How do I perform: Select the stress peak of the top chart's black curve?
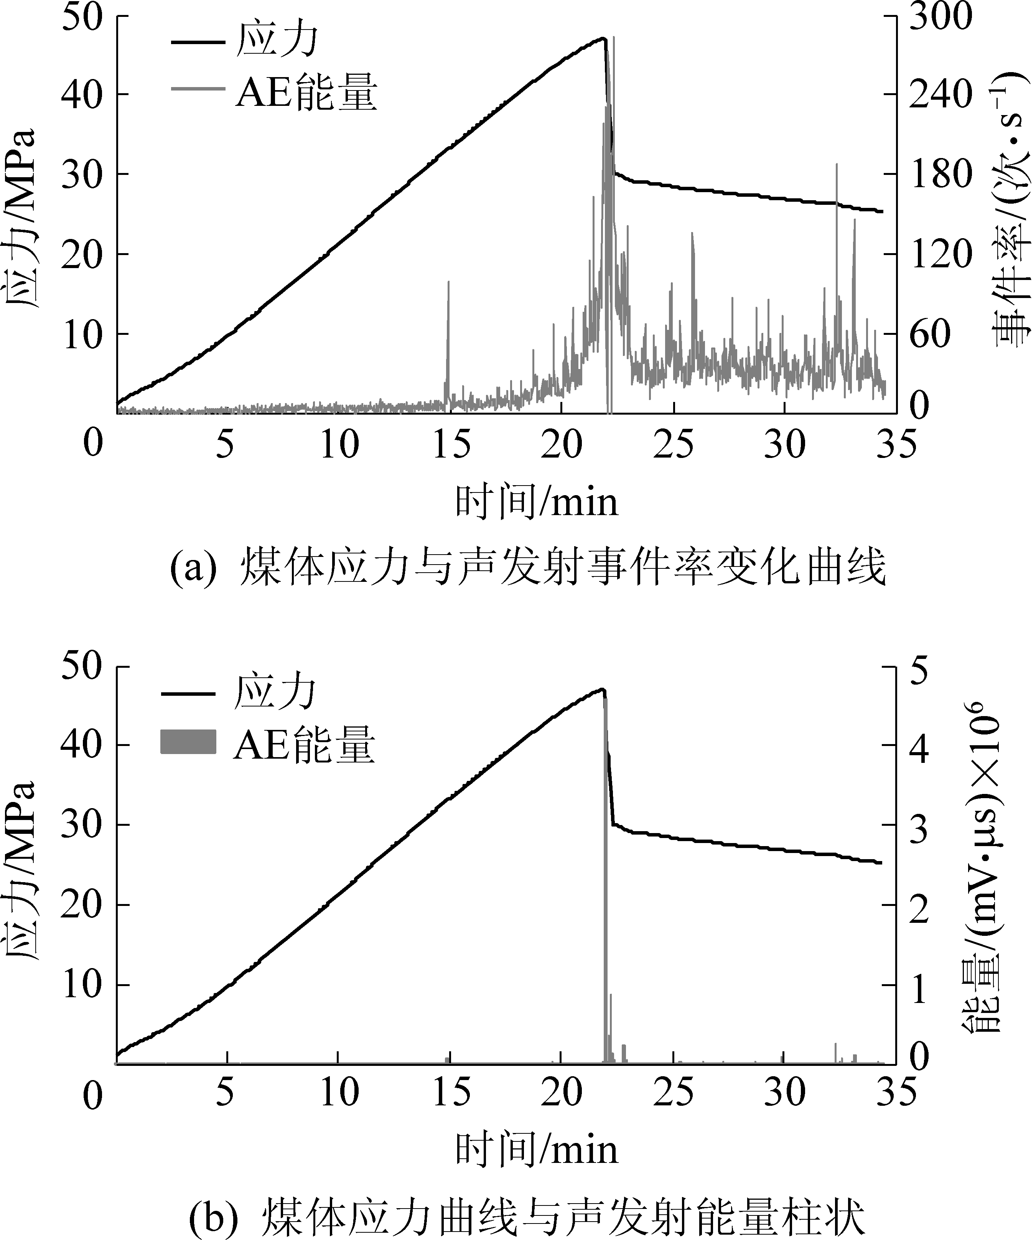603,39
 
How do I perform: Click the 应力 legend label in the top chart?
277,40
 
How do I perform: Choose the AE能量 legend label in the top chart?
306,92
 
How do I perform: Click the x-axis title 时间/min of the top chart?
536,502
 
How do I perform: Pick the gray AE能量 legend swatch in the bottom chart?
188,742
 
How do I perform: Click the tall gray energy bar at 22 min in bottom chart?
605,886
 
